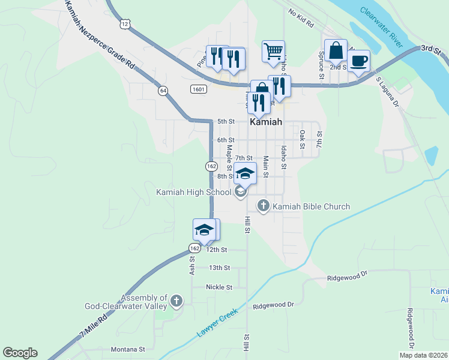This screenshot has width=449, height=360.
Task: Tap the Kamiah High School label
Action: click(x=193, y=193)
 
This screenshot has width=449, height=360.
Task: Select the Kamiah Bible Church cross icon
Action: click(x=263, y=206)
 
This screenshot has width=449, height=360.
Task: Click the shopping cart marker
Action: click(x=273, y=51)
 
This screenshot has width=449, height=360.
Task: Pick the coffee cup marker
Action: click(x=358, y=61)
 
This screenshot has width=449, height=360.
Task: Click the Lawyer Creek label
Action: click(x=217, y=323)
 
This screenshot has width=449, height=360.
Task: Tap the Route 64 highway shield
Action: click(x=163, y=91)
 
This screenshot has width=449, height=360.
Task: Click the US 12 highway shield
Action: click(x=124, y=23)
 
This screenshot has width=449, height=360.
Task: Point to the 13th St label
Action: click(x=219, y=268)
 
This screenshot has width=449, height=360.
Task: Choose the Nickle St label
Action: click(x=218, y=287)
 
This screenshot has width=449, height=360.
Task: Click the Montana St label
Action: click(x=128, y=349)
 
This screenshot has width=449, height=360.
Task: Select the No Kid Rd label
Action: click(x=301, y=20)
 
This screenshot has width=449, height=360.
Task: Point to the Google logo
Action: click(x=20, y=353)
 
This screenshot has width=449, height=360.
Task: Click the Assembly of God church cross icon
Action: click(x=176, y=300)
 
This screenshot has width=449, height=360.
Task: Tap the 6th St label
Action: click(x=226, y=140)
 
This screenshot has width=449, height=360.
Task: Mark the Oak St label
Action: click(x=303, y=140)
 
